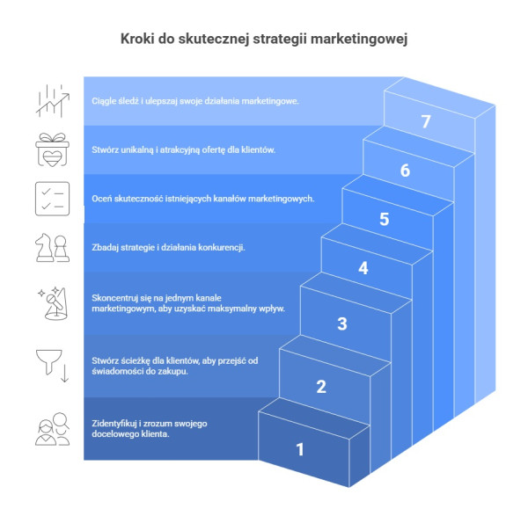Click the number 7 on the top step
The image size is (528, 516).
[x=426, y=122]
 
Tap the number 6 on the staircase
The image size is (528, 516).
[x=405, y=171]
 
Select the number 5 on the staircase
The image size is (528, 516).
[x=385, y=219]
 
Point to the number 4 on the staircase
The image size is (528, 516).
[x=363, y=268]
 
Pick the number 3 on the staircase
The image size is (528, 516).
[x=342, y=323]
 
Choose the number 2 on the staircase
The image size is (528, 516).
[x=321, y=386]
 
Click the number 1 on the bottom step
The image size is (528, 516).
[x=300, y=449]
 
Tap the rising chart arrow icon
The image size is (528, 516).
[x=51, y=100]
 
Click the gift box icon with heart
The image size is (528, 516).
[x=50, y=149]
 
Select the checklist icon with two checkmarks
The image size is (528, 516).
[x=51, y=198]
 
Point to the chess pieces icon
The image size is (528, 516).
[x=51, y=248]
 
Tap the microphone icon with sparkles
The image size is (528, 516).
[x=51, y=304]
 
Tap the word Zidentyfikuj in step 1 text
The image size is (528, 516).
[x=115, y=425]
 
